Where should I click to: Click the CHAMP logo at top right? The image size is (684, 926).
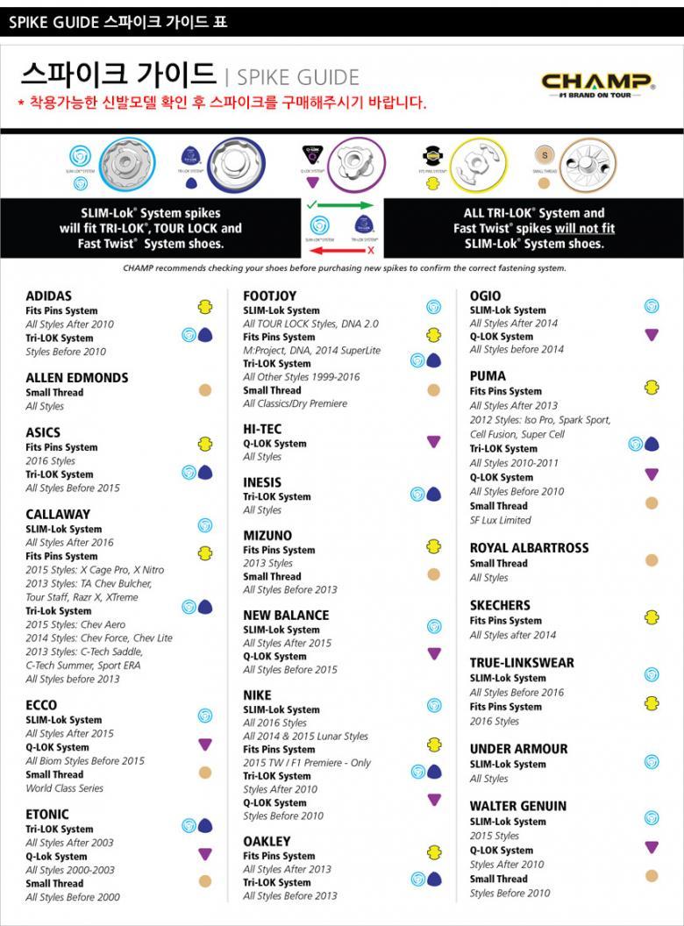coord(597,86)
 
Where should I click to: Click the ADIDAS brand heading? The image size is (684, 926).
coord(49,296)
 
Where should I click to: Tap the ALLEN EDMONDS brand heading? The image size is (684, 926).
coord(77,378)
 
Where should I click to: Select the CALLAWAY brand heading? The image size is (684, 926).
coord(58,514)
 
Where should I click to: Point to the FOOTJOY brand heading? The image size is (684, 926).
coord(269,296)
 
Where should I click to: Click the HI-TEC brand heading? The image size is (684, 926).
coord(262,429)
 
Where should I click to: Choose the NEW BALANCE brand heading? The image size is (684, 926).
coord(286,615)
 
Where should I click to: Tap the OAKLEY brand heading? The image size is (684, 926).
coord(267,841)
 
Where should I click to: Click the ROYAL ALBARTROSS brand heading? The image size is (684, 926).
coord(529,548)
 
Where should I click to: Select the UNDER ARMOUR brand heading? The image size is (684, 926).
coord(518,749)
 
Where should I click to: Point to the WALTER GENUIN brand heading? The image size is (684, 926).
coord(517,806)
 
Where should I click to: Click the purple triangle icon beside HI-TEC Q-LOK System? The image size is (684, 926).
coord(434,442)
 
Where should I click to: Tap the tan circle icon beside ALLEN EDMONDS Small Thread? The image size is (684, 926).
coord(205,390)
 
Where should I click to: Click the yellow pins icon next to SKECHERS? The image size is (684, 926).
coord(652,617)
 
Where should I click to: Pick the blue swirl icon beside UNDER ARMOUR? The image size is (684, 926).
coord(652,762)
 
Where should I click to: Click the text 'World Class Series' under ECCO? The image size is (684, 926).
coord(64,788)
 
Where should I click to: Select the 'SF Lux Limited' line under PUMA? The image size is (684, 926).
coord(500,520)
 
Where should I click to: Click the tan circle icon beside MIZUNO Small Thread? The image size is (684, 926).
coord(433,574)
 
